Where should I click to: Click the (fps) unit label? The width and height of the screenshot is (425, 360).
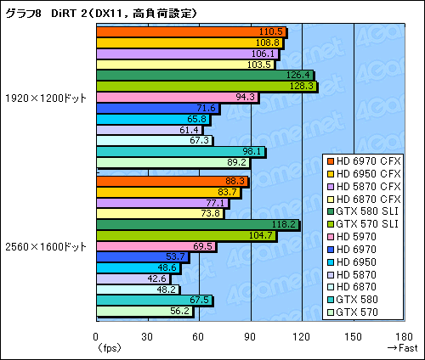[108, 348]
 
